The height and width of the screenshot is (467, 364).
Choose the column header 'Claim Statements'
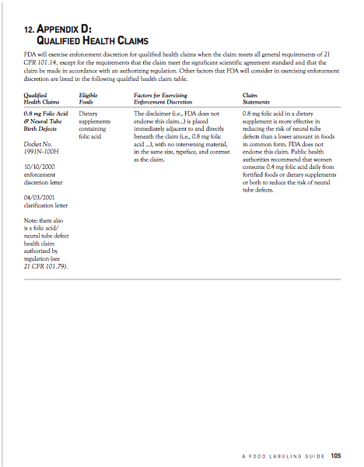point(256,97)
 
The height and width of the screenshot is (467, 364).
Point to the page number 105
point(336,455)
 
